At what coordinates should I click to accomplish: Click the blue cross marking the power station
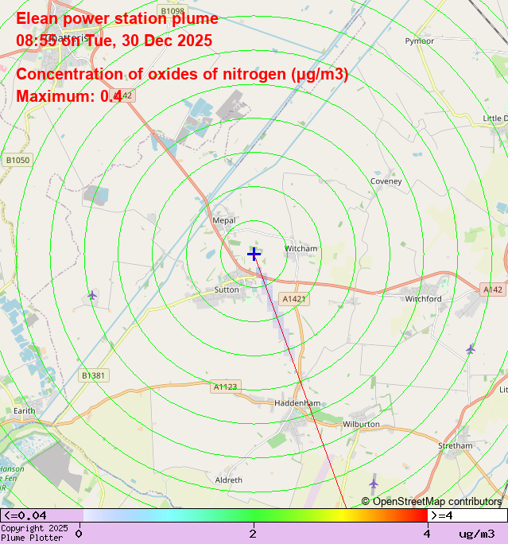point(254,254)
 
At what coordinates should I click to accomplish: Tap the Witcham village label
point(301,249)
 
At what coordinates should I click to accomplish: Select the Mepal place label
point(223,220)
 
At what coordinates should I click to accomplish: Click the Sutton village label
point(227,290)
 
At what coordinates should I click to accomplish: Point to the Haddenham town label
point(297,403)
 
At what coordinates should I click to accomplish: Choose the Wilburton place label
point(361,424)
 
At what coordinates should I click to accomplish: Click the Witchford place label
point(423,299)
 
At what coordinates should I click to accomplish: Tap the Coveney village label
point(386,181)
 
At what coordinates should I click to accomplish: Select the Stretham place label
point(455,446)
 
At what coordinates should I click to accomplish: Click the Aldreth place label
point(229,480)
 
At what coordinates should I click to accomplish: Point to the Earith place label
point(24,410)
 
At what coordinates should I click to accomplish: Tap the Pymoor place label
point(419,41)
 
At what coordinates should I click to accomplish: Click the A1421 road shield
point(293,299)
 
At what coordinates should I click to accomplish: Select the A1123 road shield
point(225,387)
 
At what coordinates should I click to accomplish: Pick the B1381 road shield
point(93,375)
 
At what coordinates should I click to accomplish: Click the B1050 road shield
point(17,160)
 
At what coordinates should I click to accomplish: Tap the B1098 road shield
point(171,11)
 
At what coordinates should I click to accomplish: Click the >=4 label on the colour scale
point(442,515)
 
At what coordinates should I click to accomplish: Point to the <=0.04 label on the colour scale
point(25,515)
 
